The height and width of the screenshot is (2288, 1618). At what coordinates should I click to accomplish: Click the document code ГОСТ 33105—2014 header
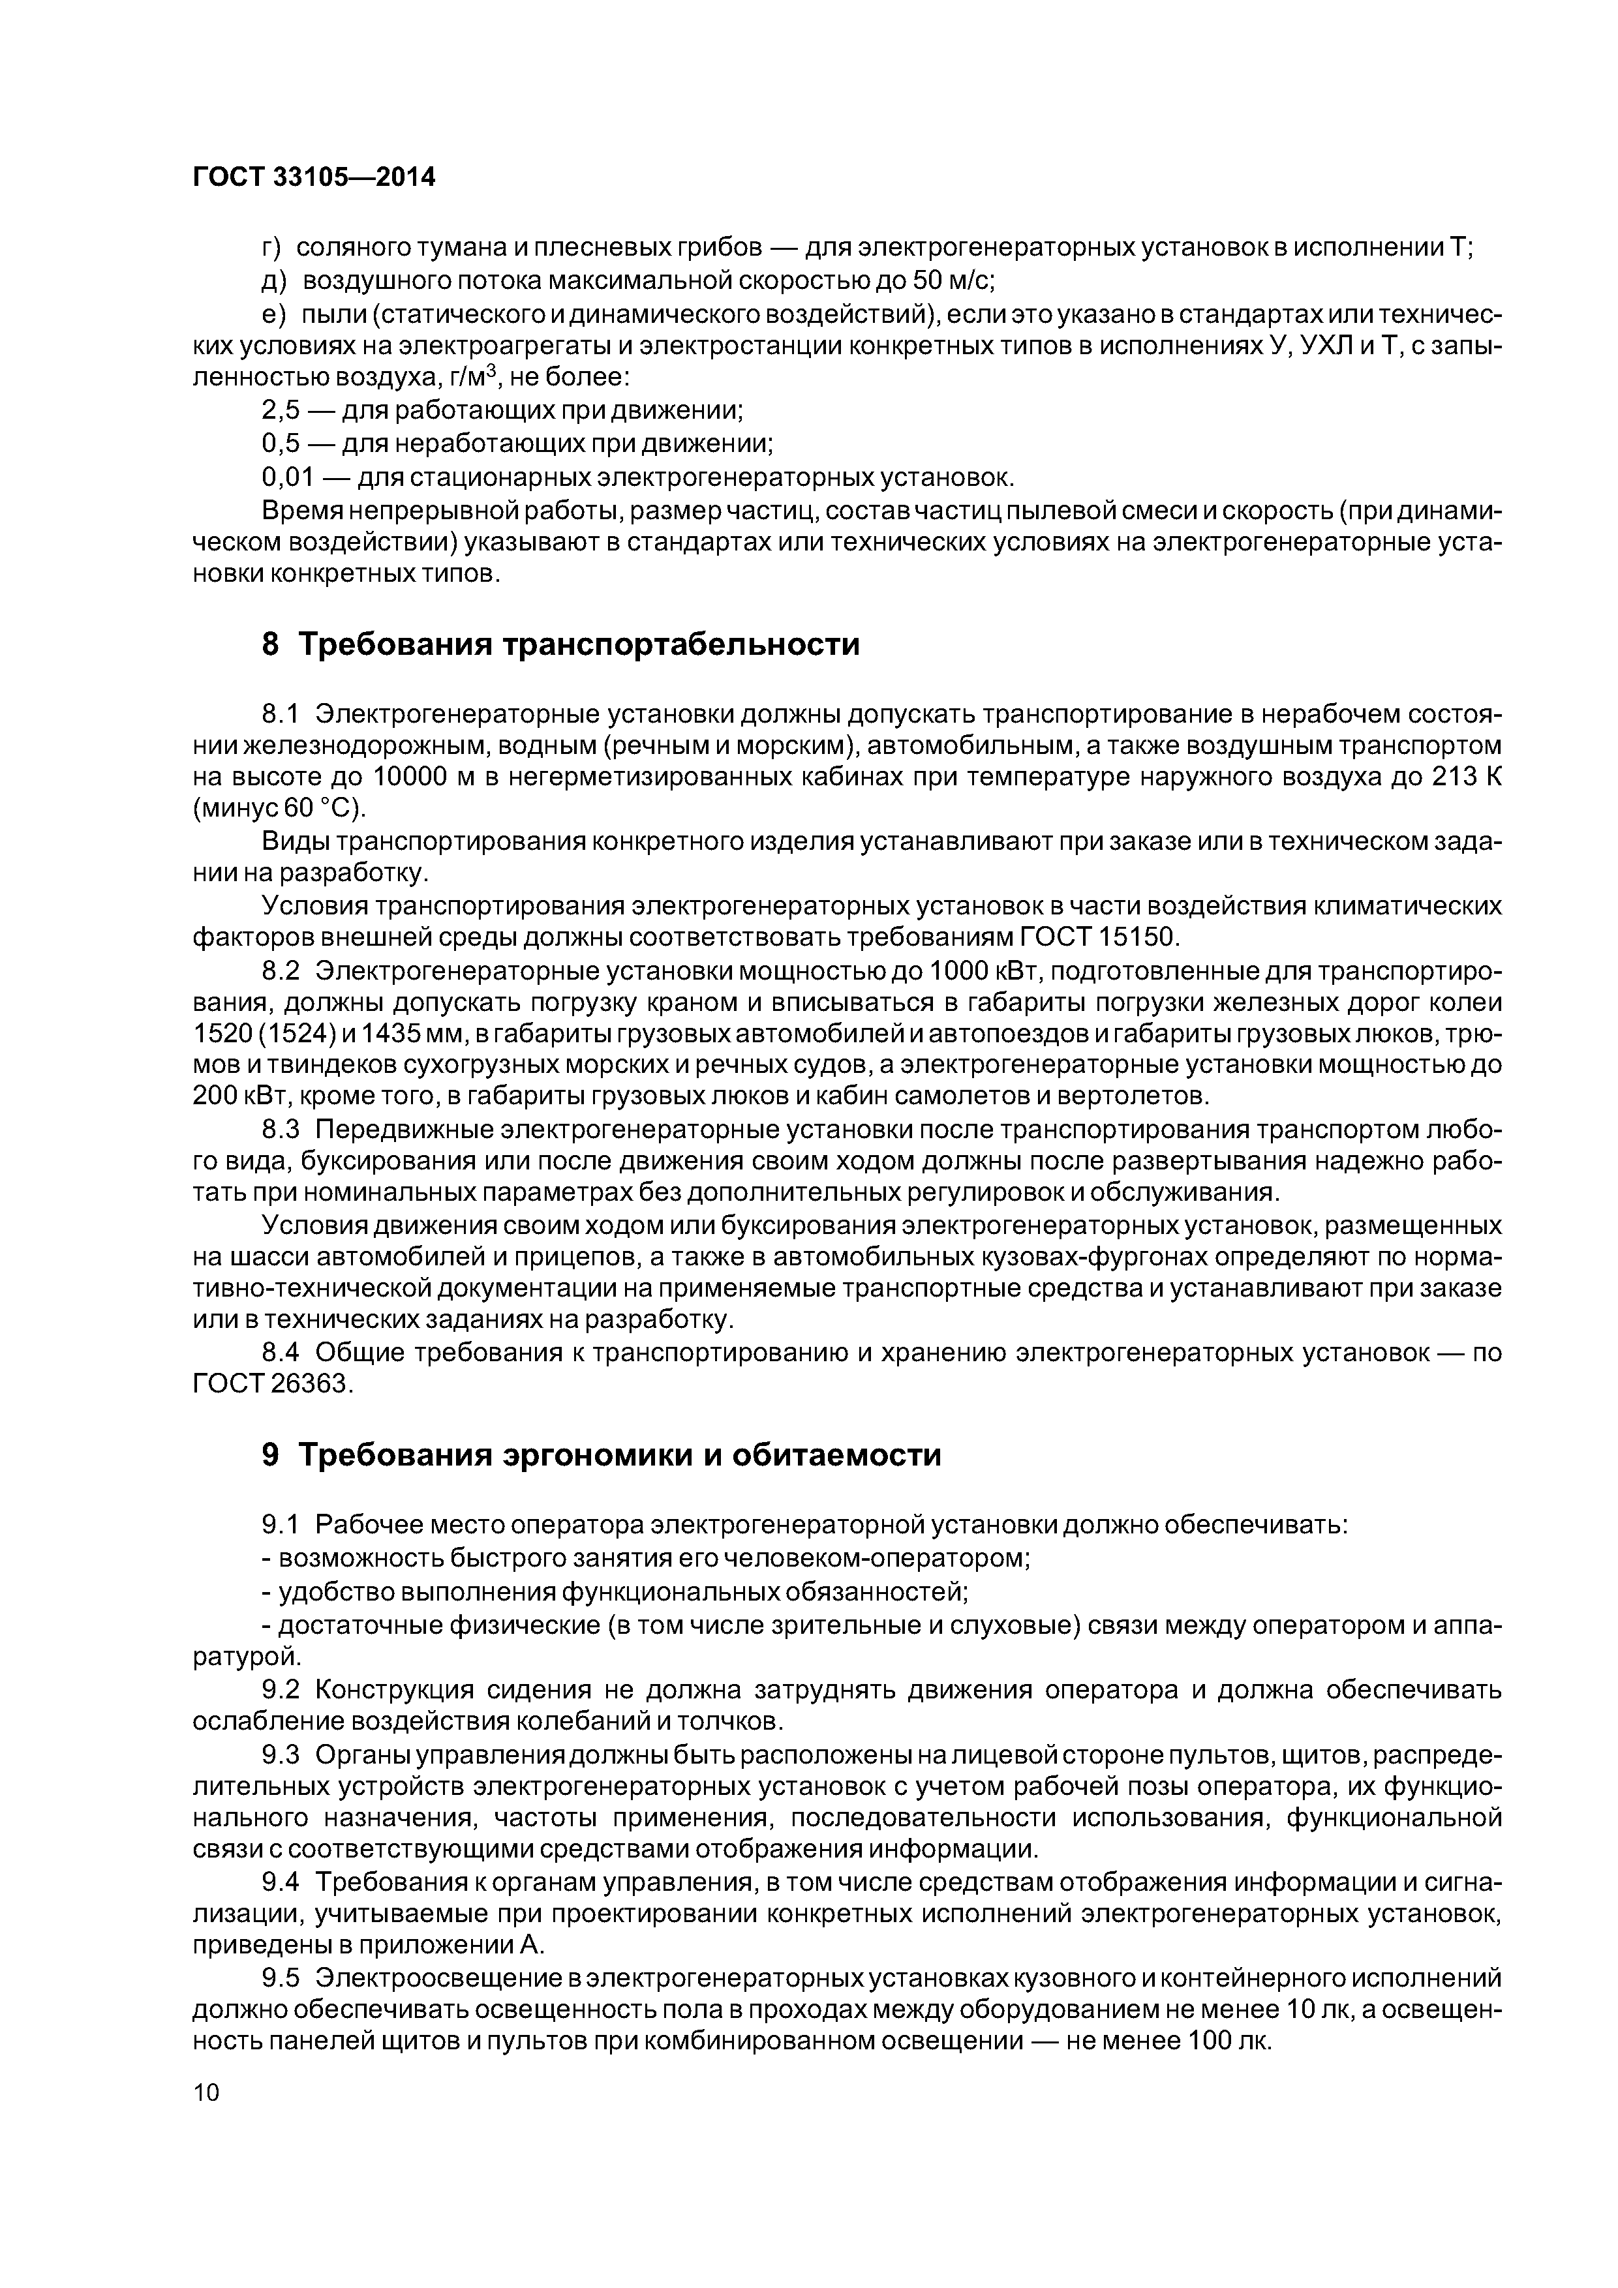(x=314, y=177)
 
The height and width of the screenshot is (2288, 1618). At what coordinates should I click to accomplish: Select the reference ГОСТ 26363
(x=272, y=1385)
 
